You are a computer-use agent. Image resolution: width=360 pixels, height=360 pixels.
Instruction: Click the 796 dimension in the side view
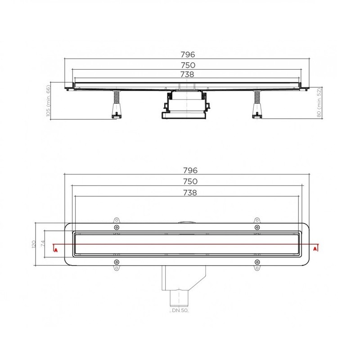188,54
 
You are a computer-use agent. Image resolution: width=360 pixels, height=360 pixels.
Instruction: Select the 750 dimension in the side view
188,65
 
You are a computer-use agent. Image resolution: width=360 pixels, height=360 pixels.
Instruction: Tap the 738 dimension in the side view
187,74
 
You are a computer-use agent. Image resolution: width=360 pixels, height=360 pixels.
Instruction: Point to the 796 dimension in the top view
190,171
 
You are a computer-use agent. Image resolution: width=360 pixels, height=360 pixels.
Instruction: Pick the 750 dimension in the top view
190,181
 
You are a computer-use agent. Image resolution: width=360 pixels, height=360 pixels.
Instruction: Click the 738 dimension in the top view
190,193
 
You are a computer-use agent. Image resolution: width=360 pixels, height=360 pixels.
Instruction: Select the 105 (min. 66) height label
48,101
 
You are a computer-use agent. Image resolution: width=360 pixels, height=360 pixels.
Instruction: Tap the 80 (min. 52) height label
319,103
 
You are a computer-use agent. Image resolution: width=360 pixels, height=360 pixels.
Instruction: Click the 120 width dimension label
34,244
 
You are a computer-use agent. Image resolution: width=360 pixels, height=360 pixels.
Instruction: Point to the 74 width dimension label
43,243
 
